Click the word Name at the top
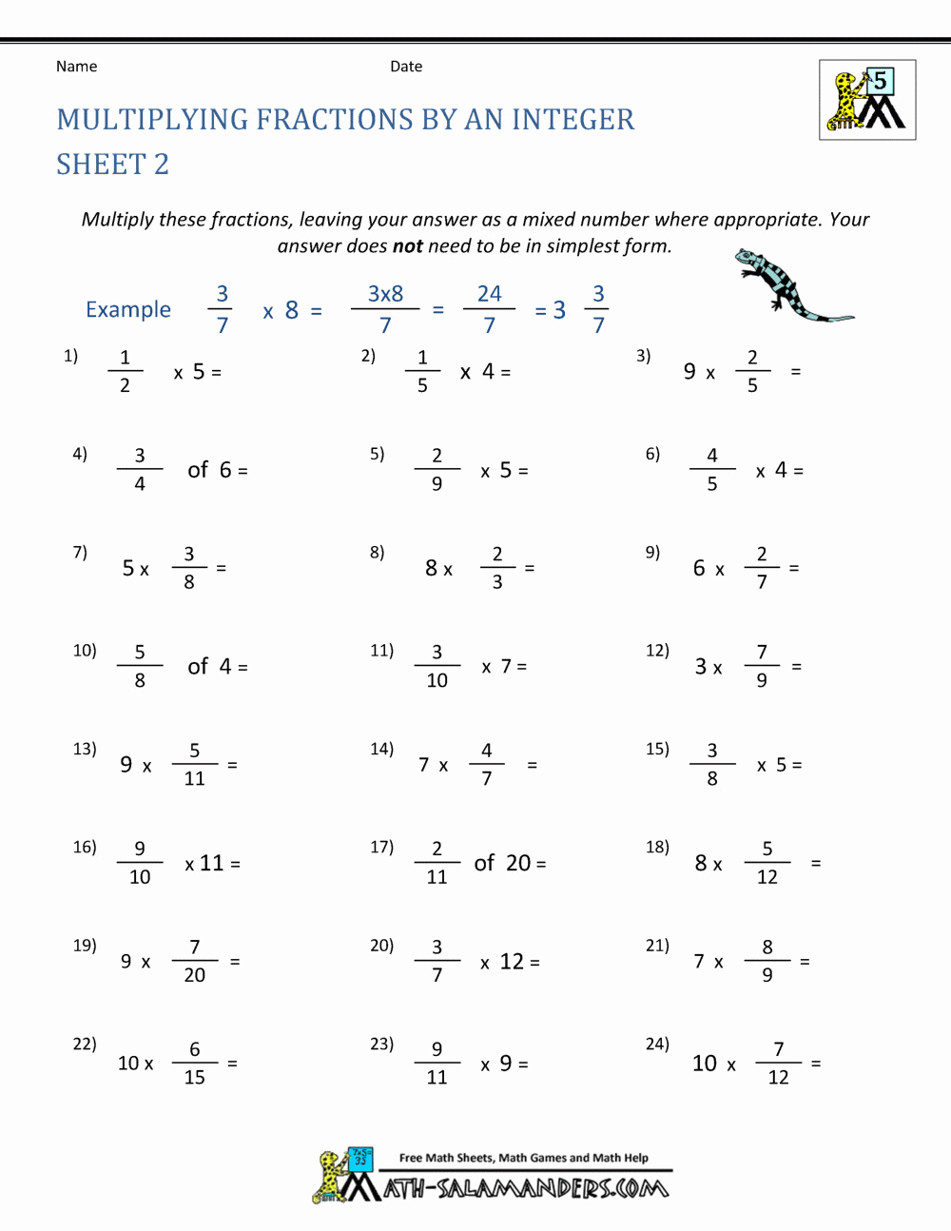(x=76, y=67)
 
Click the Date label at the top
(x=406, y=67)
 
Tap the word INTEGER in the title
(x=573, y=120)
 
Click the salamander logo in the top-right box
(x=866, y=100)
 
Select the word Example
(x=128, y=310)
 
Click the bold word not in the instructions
(x=408, y=246)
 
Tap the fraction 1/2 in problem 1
(x=125, y=371)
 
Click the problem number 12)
(x=657, y=651)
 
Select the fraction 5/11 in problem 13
(x=195, y=764)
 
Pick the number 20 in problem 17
(x=518, y=863)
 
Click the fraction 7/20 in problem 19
(x=195, y=961)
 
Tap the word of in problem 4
(x=198, y=470)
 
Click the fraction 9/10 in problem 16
(x=140, y=863)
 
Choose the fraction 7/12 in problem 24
(x=779, y=1063)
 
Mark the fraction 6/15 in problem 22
(x=195, y=1063)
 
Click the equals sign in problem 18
(x=815, y=863)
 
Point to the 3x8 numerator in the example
(x=385, y=294)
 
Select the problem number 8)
(x=378, y=553)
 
